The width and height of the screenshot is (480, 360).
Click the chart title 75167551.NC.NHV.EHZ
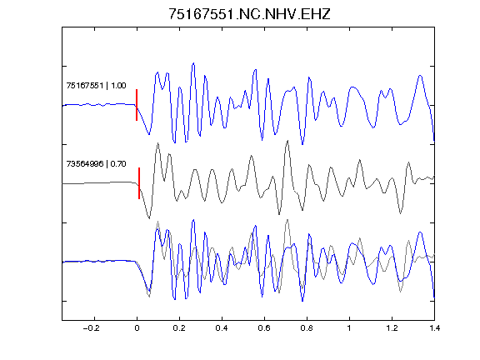249,14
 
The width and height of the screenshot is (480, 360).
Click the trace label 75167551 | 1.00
96,85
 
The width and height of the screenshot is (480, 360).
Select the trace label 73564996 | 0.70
96,164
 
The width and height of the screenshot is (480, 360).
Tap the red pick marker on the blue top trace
137,105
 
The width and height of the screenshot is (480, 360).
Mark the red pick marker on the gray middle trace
139,183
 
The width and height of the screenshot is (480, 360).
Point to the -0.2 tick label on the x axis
92,328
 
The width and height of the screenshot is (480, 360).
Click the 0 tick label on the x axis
137,328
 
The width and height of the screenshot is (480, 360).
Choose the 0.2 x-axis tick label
179,328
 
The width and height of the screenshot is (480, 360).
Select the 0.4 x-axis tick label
222,328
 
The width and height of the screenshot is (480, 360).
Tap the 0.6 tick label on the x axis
264,328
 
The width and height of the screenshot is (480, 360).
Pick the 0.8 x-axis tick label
307,328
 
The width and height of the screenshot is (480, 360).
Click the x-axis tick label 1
349,328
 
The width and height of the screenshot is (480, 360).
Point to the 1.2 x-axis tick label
392,328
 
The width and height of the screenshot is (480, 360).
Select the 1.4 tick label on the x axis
434,328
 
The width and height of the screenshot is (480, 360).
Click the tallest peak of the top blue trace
193,63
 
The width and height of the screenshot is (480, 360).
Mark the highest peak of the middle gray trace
287,141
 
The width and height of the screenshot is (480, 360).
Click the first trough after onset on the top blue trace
149,134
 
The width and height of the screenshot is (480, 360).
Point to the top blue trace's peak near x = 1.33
420,75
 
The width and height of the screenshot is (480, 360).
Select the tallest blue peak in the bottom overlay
193,220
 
